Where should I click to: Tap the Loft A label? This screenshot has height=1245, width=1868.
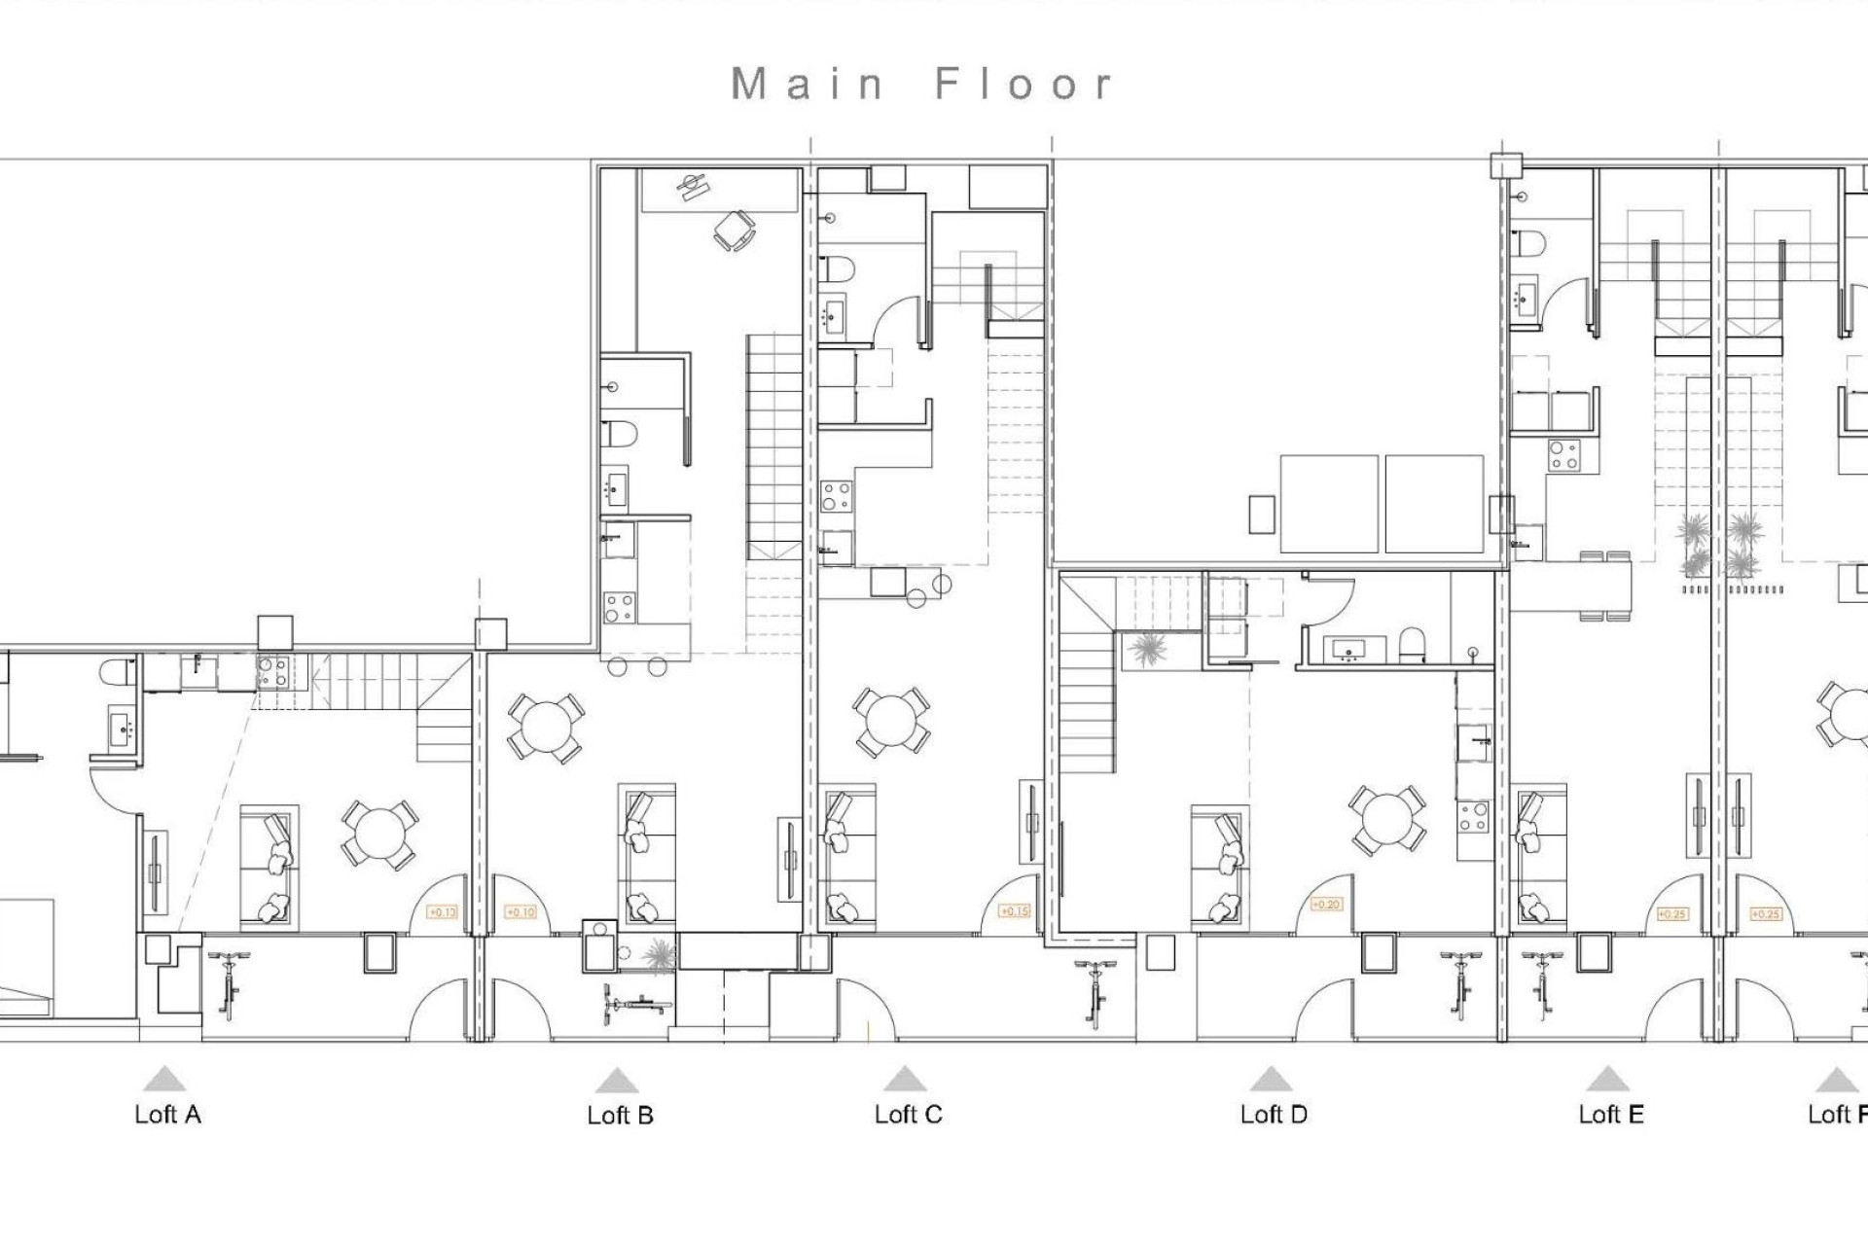[167, 1115]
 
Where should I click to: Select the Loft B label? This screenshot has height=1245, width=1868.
[620, 1116]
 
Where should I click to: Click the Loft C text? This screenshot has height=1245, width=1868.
[908, 1115]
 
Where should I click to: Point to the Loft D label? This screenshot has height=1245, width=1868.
[1273, 1115]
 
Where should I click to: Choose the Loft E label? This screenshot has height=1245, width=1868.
[1610, 1115]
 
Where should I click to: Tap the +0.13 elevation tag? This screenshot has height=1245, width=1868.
[442, 912]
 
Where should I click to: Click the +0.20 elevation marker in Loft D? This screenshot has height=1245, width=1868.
[1326, 905]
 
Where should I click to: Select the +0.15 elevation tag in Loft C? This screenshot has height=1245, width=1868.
[1014, 911]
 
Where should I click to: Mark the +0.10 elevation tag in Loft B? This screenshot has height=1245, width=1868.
[521, 912]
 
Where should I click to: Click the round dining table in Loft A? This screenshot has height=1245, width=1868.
[379, 835]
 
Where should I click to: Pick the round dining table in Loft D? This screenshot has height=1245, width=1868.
[1387, 820]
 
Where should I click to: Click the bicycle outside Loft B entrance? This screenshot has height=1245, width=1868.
[637, 1002]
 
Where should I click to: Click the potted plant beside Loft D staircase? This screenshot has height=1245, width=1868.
[1148, 649]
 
